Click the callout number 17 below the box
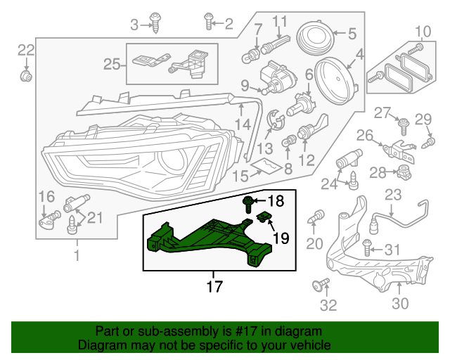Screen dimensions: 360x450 214,286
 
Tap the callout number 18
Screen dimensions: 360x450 276,202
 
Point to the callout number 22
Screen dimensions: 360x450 25,49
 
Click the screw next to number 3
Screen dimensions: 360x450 156,25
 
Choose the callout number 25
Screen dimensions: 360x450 112,65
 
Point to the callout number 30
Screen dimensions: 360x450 399,303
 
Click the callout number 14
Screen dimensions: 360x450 242,124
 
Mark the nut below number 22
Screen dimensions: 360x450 26,74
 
